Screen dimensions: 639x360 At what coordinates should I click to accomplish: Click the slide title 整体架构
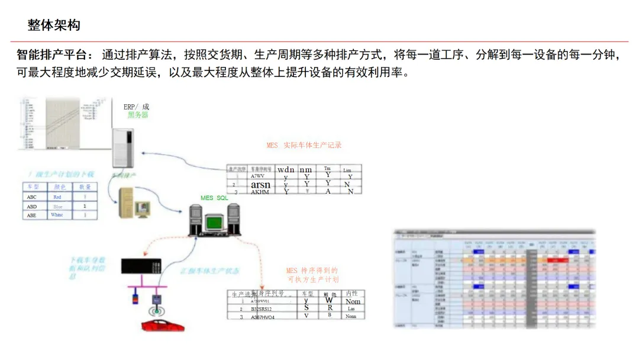tap(54, 25)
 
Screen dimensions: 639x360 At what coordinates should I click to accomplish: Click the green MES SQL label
tap(214, 198)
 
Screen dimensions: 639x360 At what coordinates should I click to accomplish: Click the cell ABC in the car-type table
tap(32, 197)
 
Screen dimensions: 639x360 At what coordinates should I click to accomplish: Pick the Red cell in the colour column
tap(57, 197)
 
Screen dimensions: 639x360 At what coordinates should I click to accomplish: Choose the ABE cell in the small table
tap(32, 216)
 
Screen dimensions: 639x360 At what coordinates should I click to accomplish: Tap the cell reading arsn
tap(260, 185)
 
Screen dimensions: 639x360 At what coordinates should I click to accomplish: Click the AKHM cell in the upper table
tap(260, 192)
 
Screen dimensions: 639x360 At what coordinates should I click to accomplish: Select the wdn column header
tap(286, 170)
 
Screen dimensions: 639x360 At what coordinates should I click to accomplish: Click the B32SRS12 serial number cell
tap(261, 309)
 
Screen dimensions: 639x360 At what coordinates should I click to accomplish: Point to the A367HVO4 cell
tap(262, 317)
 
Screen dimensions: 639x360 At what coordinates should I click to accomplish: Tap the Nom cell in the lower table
tap(353, 301)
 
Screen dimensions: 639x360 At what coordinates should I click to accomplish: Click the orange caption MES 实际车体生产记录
tap(304, 145)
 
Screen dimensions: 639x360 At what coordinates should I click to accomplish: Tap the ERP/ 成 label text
tap(136, 107)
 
